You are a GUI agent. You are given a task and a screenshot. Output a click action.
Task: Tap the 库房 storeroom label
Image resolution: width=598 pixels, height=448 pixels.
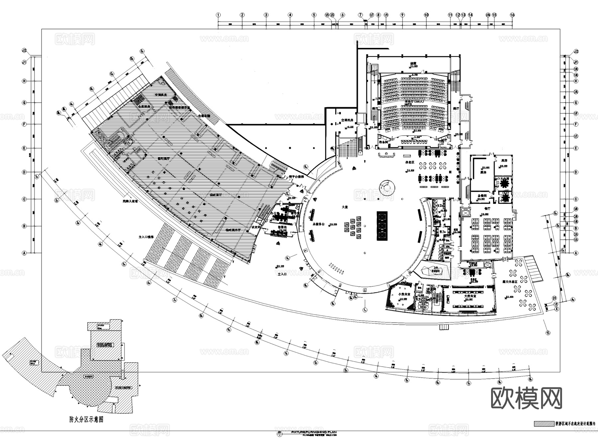(504, 160)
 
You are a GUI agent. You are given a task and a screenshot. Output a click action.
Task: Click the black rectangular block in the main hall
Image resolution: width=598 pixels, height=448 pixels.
(382, 226)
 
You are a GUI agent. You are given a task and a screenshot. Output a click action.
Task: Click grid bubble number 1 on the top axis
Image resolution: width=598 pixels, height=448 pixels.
(218, 15)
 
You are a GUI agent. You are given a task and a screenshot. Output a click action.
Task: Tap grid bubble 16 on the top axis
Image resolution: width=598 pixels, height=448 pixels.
(512, 15)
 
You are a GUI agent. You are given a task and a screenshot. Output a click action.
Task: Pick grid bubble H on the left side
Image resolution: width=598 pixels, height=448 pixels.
(24, 81)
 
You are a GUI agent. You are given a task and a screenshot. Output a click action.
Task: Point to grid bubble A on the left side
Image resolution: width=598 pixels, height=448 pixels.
(24, 253)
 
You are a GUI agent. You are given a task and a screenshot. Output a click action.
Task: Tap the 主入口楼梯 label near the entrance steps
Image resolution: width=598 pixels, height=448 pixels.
(146, 237)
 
